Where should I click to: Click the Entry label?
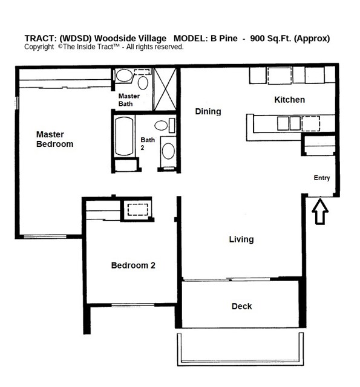[x=321, y=178]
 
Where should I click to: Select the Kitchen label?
[x=289, y=100]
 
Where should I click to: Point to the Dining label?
[x=208, y=111]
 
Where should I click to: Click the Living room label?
[x=241, y=239]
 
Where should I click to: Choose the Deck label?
[x=241, y=306]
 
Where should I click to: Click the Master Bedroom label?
[x=54, y=139]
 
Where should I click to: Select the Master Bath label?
[x=129, y=100]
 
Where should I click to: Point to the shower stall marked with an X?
[x=164, y=89]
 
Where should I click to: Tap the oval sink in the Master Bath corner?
[x=124, y=76]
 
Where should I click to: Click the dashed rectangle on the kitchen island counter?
[x=310, y=123]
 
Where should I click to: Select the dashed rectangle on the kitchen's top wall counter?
[x=280, y=76]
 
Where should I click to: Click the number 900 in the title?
[x=266, y=39]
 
